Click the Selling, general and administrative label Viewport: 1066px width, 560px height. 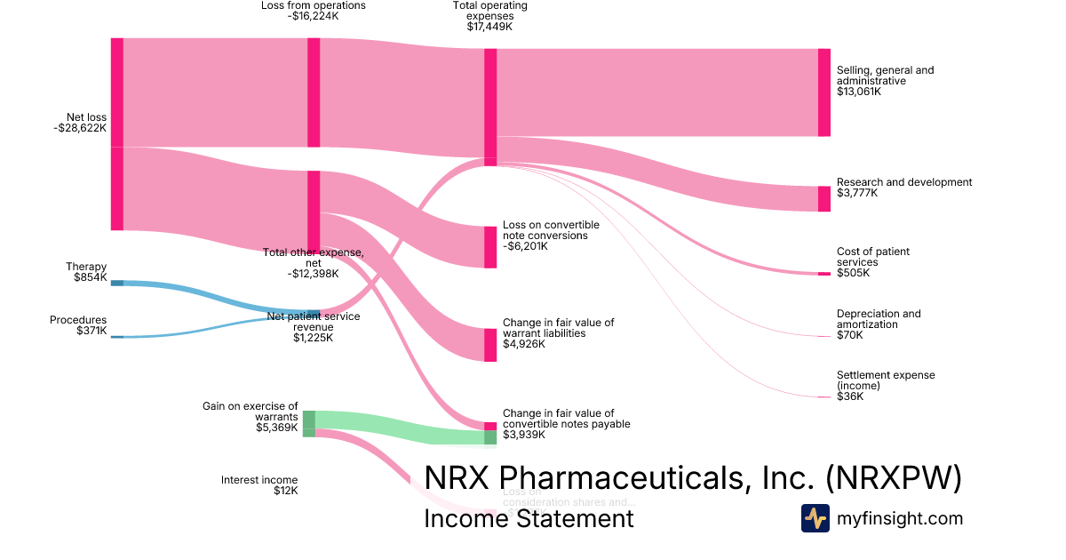coord(885,80)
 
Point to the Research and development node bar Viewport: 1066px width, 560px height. coord(823,198)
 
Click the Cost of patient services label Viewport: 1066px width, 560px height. coord(872,262)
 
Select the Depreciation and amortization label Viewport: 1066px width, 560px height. coord(878,324)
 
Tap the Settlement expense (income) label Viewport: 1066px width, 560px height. coord(872,386)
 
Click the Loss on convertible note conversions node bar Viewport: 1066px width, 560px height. coord(490,247)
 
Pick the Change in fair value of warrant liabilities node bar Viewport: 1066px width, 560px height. coord(490,345)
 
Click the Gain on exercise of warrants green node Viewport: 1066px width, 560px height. coord(309,423)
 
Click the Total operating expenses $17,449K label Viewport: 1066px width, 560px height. coord(489,16)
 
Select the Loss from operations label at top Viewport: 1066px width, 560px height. coord(313,11)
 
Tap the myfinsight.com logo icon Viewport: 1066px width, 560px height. coord(815,518)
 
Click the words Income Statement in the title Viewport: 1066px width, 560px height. coord(529,518)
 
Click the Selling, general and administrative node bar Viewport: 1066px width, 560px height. coord(823,92)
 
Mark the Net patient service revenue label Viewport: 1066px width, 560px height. coord(313,327)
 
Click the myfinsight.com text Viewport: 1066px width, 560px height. coord(899,518)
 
